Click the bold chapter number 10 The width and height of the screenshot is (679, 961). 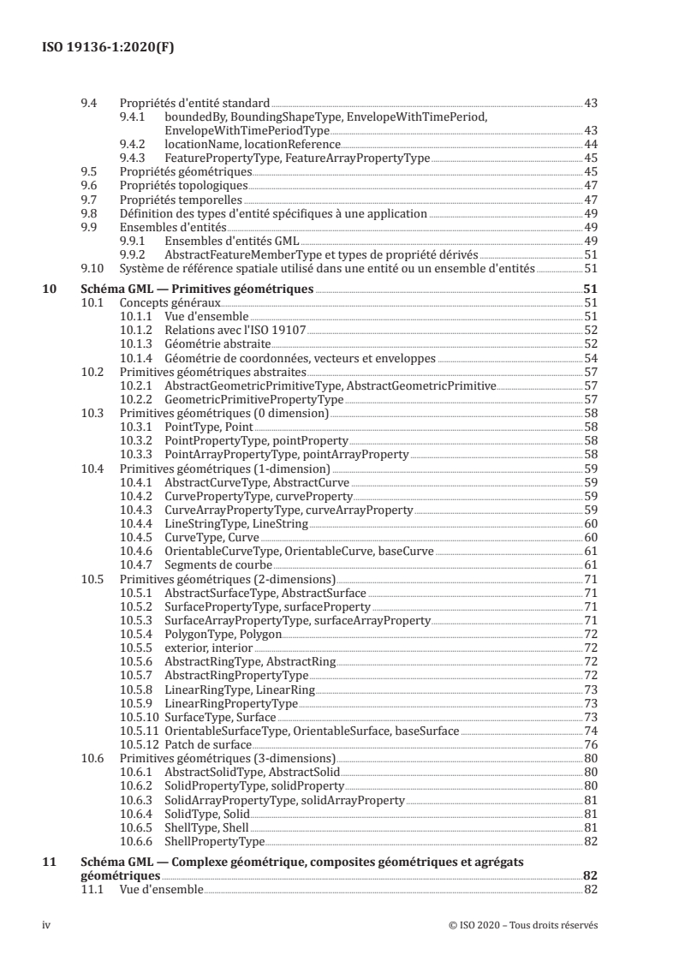pyautogui.click(x=50, y=289)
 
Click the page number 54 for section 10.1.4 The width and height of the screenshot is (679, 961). pyautogui.click(x=590, y=357)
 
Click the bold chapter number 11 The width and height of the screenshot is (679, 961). pyautogui.click(x=50, y=863)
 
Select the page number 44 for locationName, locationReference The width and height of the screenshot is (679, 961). pyautogui.click(x=590, y=144)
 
